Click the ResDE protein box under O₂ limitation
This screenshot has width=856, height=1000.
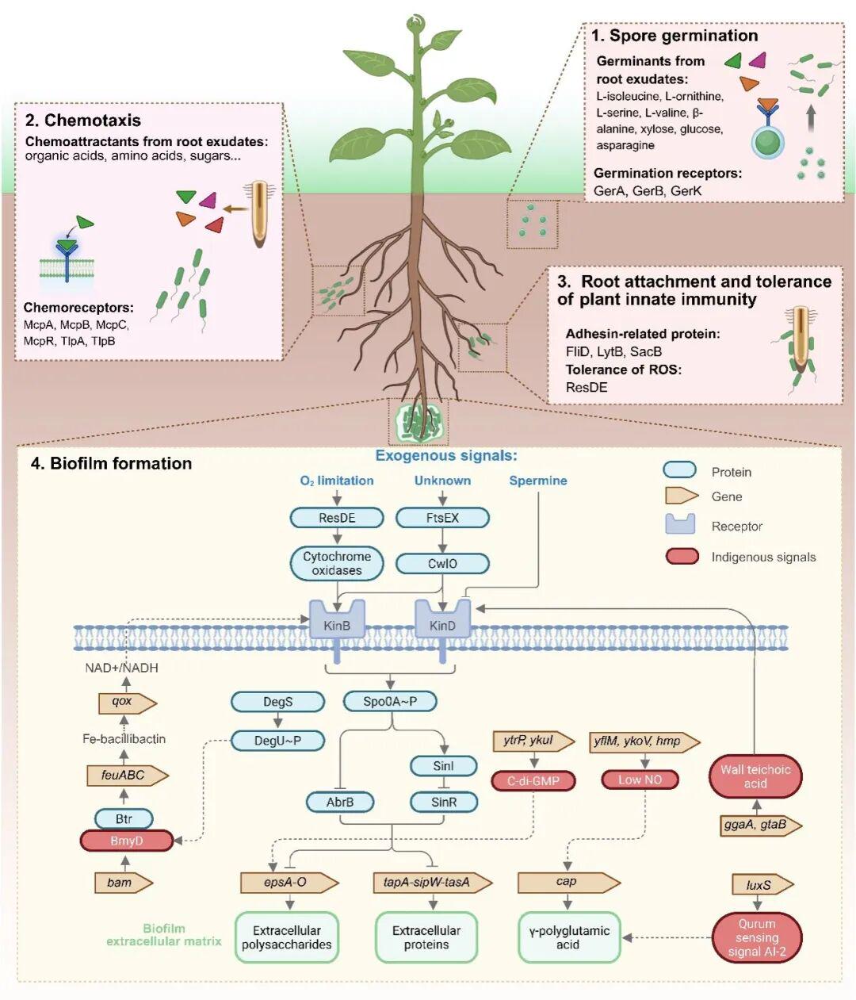337,518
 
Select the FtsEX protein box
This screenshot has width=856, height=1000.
442,518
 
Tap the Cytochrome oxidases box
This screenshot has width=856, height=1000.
337,563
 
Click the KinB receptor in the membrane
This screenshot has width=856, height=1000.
337,620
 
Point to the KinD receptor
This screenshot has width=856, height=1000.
442,620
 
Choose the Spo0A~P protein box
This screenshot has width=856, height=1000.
390,701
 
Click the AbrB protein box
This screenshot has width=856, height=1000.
340,802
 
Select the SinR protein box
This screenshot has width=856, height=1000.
444,802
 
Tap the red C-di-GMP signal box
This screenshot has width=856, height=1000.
533,780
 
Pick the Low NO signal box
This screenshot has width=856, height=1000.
640,780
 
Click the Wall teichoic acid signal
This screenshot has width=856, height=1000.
755,776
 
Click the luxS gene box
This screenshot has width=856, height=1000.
760,885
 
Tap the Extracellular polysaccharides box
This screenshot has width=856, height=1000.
287,937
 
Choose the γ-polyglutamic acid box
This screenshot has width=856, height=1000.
568,937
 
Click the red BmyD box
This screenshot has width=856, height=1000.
127,841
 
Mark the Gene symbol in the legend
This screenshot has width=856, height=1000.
681,496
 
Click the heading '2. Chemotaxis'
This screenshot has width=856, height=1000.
83,121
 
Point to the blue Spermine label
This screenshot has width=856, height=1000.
538,481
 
